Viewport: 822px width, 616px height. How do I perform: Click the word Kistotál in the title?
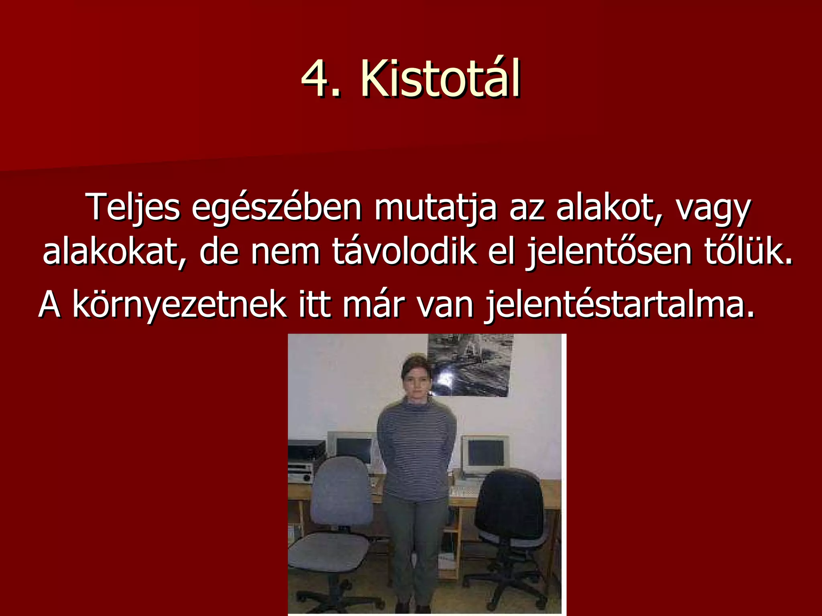point(440,79)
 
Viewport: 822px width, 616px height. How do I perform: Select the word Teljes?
point(133,208)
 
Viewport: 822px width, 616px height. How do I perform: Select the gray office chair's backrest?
point(342,493)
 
